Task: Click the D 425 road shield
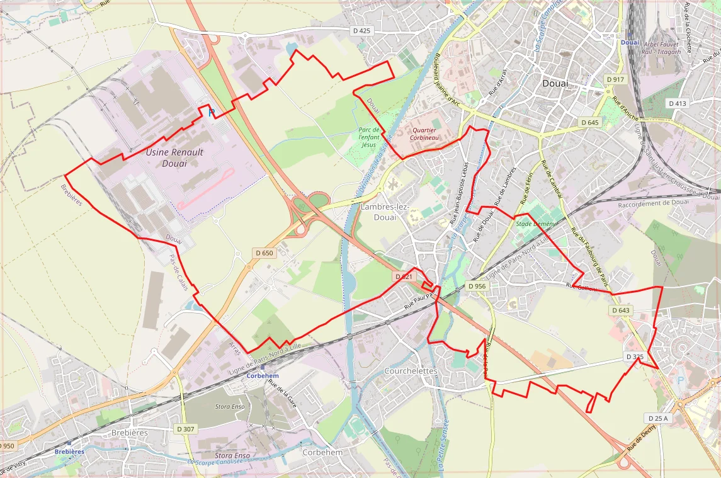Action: coord(362,30)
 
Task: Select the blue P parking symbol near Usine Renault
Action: coord(212,113)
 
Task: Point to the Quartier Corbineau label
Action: coord(423,133)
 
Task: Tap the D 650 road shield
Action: coord(265,253)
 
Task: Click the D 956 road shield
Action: coord(477,286)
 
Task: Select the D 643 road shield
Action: coord(620,310)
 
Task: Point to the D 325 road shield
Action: coord(635,356)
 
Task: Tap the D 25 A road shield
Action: coord(657,418)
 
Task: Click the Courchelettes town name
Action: coord(411,371)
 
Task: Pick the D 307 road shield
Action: coord(186,429)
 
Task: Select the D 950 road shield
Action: coord(7,446)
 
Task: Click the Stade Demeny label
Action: coord(536,224)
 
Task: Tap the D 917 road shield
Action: coord(615,79)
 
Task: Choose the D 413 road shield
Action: coord(678,103)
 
